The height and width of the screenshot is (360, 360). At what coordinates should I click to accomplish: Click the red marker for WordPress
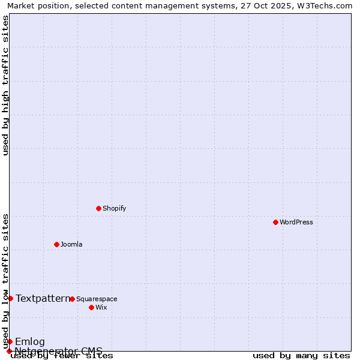(275, 222)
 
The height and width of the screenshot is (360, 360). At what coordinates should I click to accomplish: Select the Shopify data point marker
(98, 208)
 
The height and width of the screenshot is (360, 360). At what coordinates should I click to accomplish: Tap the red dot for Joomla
(56, 244)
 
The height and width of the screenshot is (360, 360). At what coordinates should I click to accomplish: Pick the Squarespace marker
(72, 299)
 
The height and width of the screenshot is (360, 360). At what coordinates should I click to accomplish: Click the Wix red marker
(91, 307)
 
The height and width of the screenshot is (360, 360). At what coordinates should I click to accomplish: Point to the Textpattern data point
(10, 298)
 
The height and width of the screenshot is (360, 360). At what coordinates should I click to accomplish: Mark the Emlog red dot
(10, 341)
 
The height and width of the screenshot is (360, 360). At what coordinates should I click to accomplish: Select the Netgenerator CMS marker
(9, 351)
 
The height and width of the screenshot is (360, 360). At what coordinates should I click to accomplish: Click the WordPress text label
(296, 222)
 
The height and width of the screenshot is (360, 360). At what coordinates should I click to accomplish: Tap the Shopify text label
(114, 208)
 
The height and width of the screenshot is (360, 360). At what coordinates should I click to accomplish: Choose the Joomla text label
(71, 244)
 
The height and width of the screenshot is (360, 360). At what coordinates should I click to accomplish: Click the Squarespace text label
(97, 299)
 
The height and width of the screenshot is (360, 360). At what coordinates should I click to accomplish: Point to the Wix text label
(101, 307)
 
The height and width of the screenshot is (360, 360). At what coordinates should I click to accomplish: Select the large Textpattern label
(43, 298)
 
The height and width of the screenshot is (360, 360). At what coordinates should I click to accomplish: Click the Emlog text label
(30, 342)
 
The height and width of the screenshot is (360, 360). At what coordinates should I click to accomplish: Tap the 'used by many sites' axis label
(301, 356)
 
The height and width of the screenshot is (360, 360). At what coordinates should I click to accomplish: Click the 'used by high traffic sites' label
(5, 85)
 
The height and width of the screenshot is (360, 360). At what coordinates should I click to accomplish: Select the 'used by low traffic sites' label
(5, 281)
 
